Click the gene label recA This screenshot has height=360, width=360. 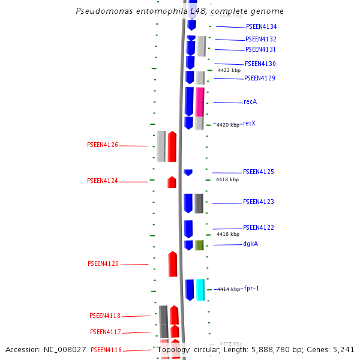pos(250,102)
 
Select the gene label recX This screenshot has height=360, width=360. pos(249,124)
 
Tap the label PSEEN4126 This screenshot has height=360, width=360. pos(103,145)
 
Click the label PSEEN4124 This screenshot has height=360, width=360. pos(103,181)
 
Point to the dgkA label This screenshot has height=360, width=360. pos(251,244)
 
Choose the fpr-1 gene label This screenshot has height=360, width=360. pos(251,289)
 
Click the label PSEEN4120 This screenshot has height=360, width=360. pos(103,264)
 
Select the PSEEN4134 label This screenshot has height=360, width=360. pos(261,27)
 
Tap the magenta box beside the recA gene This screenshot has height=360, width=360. pos(200,101)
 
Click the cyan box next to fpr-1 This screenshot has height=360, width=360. pos(200,290)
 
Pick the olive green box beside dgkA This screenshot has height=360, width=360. pos(199,245)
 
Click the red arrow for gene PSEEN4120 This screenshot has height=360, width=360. pos(173,264)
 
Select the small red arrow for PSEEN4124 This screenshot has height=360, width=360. pos(172,182)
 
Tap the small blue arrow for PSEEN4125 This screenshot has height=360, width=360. pos(188,172)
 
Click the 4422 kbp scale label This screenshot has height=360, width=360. pos(229,71)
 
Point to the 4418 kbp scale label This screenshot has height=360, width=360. pos(227,179)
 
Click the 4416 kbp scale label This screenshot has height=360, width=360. pos(228,235)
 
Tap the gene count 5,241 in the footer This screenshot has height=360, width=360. pos(343,349)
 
